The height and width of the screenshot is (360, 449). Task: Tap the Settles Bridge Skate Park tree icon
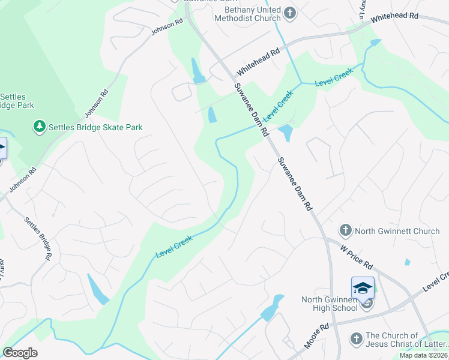[39, 127]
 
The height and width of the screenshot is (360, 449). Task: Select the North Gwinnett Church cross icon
[345, 230]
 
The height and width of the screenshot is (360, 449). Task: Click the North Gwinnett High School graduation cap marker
[363, 289]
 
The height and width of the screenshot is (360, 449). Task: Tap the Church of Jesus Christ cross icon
[356, 340]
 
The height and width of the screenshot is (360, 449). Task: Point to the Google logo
[20, 353]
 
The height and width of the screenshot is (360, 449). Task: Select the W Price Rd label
[357, 256]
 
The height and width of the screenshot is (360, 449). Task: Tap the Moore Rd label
[316, 337]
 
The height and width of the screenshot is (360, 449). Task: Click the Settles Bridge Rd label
[37, 238]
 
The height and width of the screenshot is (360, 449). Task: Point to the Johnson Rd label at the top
[167, 27]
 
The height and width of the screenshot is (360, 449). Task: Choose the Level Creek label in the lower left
[174, 247]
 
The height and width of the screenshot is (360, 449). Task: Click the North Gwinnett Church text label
[397, 230]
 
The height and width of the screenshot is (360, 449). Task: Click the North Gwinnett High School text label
[330, 303]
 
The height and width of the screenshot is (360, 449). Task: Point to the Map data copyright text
[424, 355]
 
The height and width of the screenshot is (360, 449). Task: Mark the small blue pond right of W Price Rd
[408, 262]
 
